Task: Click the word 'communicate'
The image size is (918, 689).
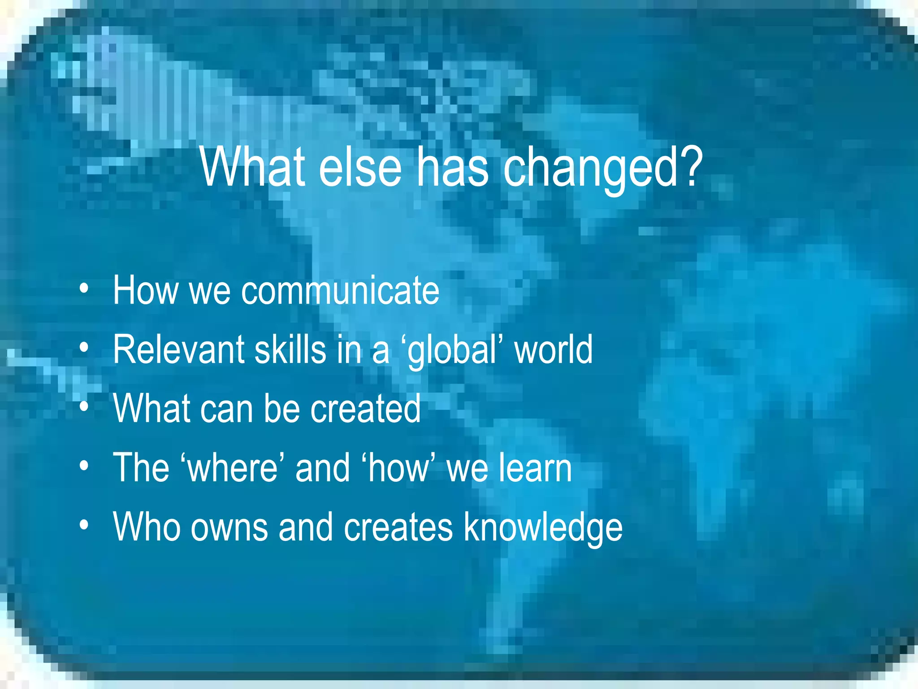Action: point(341,291)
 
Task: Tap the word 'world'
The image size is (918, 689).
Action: point(554,350)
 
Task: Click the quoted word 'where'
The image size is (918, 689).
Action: point(233,468)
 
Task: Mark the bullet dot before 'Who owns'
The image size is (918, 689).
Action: point(83,525)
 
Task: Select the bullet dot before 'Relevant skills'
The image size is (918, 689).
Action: point(83,348)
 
